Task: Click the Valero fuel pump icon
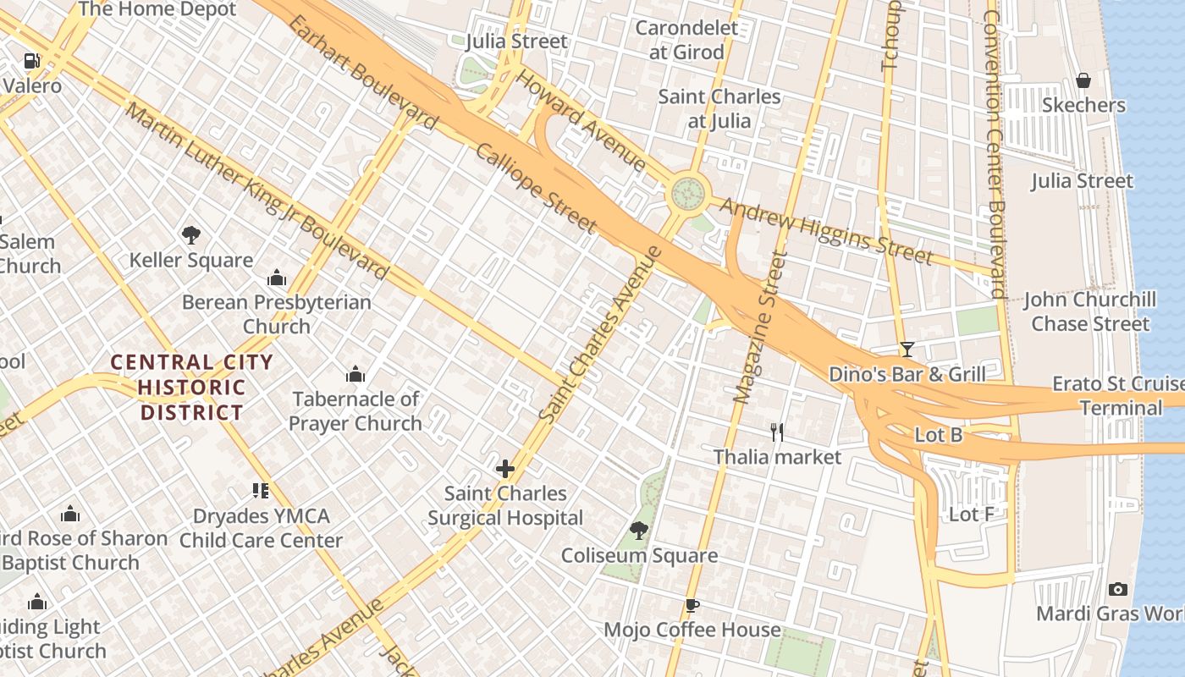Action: [x=31, y=61]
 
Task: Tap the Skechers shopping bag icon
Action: [x=1083, y=80]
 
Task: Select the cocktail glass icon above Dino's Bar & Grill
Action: [x=907, y=349]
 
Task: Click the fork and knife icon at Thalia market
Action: [x=777, y=432]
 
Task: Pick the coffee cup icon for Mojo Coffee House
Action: [x=692, y=605]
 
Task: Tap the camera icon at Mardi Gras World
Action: [x=1117, y=589]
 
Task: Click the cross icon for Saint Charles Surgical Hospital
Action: [x=505, y=468]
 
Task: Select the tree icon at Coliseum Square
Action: [x=639, y=531]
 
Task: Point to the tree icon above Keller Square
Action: [x=191, y=234]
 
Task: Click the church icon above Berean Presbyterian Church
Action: [x=277, y=278]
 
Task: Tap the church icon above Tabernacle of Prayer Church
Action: [x=355, y=373]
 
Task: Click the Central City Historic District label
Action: [x=192, y=388]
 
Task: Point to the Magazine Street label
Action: [x=756, y=326]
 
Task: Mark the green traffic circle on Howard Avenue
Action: [x=688, y=194]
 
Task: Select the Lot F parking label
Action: [x=971, y=514]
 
